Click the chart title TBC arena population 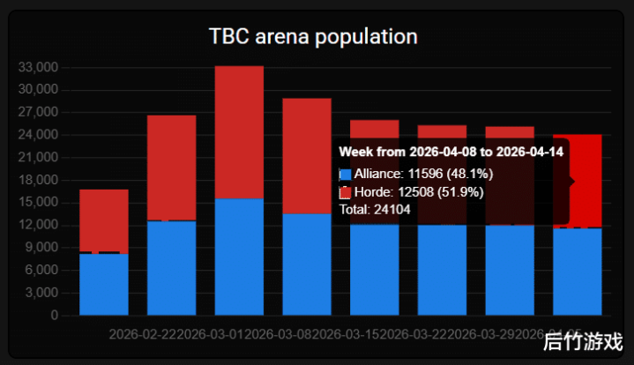[x=313, y=37]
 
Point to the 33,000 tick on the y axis [x=38, y=67]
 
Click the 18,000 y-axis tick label [x=38, y=180]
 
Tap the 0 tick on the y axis [x=54, y=315]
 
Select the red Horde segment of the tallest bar [x=239, y=132]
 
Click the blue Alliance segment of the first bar [x=104, y=284]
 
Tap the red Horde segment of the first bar [x=104, y=220]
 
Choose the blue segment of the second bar [x=171, y=268]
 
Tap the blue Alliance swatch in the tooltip [x=345, y=175]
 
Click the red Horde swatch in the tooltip [x=345, y=192]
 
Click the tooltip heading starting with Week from [x=451, y=152]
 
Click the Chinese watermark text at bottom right [x=583, y=341]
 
